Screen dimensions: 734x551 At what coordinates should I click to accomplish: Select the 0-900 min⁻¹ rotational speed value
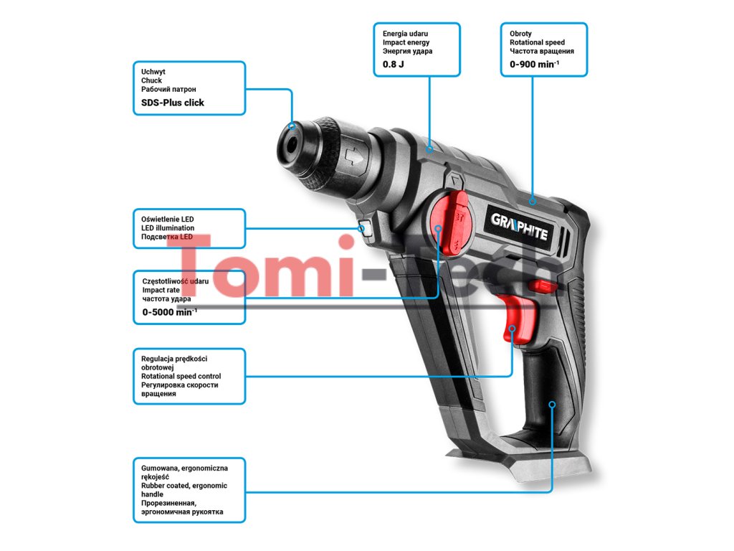[534, 65]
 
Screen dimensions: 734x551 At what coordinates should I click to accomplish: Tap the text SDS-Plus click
[173, 103]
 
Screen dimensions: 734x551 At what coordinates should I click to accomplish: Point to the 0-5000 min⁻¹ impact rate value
[169, 312]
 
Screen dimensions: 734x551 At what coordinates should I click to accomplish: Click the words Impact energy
[406, 43]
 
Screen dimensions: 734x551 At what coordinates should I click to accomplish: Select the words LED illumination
[167, 228]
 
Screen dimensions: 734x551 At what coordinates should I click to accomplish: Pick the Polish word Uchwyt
[153, 72]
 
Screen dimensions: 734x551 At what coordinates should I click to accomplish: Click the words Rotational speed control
[181, 376]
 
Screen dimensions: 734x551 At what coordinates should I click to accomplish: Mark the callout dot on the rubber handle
[552, 405]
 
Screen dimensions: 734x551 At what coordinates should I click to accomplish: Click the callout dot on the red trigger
[513, 329]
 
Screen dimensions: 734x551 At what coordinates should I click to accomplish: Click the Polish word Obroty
[521, 34]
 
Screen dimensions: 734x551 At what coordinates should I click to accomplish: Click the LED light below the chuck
[363, 230]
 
